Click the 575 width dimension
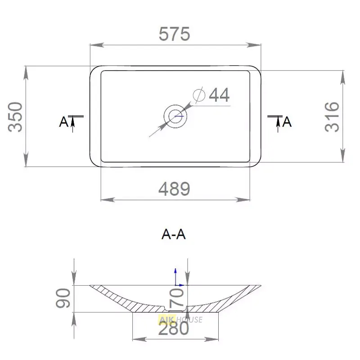click(175, 34)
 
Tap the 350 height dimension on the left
click(15, 117)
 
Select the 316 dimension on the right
click(332, 117)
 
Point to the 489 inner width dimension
click(175, 189)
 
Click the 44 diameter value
click(219, 95)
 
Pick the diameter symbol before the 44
click(199, 95)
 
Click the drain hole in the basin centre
click(175, 116)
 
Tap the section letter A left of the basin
click(63, 121)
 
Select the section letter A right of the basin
click(287, 121)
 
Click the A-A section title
click(174, 234)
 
